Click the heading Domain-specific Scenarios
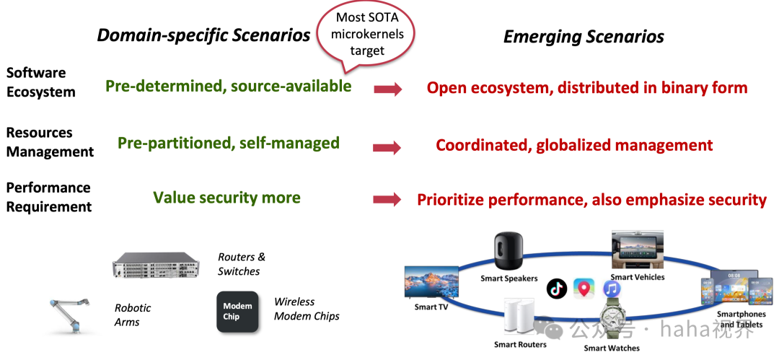pos(203,36)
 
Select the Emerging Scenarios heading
pos(584,38)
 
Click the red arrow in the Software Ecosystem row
pos(388,89)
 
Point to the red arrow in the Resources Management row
pos(387,148)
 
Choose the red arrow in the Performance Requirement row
pos(387,201)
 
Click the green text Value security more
pos(226,198)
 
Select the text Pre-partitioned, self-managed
pos(228,143)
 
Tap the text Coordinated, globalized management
pos(574,146)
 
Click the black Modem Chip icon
pos(237,311)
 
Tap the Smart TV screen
pos(431,283)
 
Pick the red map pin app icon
pos(584,289)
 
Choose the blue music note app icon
pos(612,289)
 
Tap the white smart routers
pos(517,319)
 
